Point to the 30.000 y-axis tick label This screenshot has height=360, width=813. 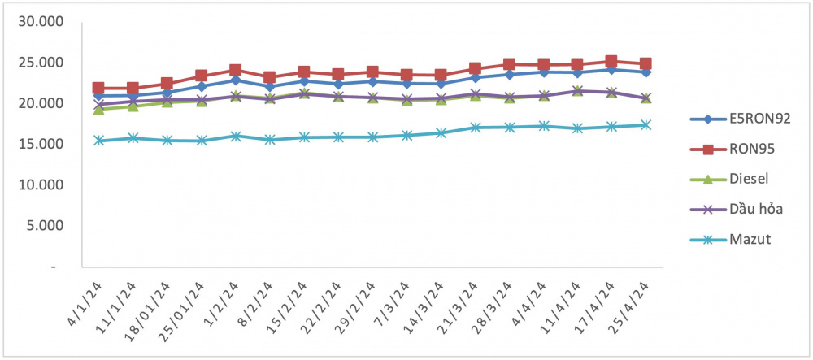click(x=40, y=22)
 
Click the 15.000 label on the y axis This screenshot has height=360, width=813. click(x=40, y=144)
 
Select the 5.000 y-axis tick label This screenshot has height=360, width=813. click(x=44, y=226)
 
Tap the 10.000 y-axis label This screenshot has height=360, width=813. click(x=40, y=185)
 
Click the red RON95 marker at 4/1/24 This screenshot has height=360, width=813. click(x=98, y=88)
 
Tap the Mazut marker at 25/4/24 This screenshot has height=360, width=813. click(x=646, y=125)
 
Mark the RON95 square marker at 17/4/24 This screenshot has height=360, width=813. click(x=611, y=62)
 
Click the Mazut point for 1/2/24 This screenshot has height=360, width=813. click(x=236, y=137)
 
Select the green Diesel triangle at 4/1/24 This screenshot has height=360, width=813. click(x=98, y=109)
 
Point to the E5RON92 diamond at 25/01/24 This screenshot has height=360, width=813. click(x=201, y=86)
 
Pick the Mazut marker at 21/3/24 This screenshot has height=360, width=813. click(x=475, y=128)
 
